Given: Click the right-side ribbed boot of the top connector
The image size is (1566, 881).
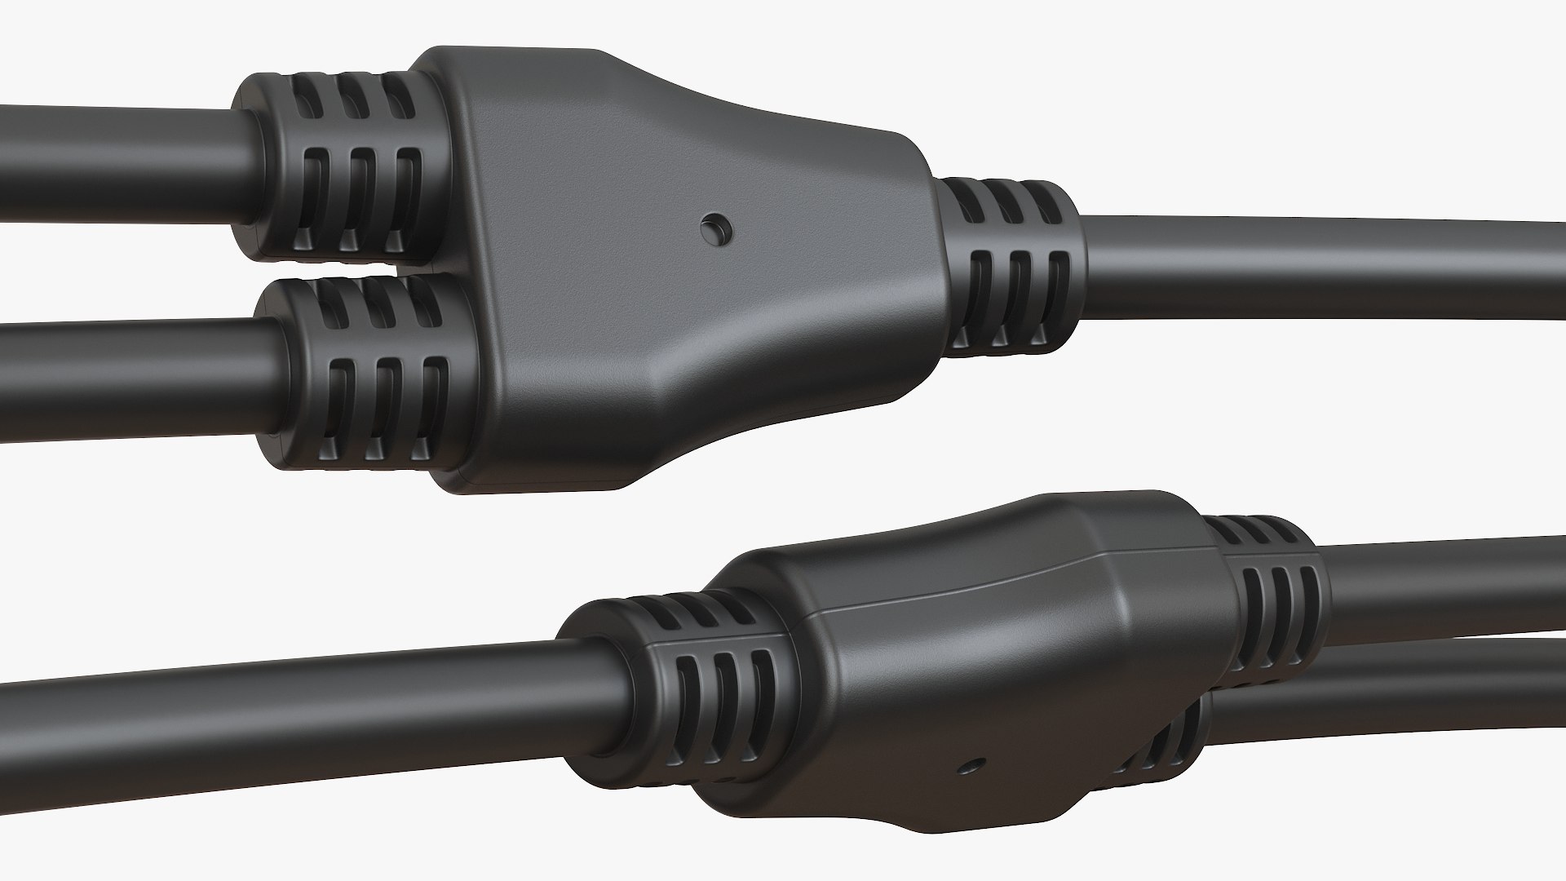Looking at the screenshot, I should [x=1011, y=269].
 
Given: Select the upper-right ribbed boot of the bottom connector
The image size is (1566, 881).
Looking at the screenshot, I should [x=1272, y=587].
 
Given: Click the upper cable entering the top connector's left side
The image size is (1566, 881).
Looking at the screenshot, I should [x=114, y=163].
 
